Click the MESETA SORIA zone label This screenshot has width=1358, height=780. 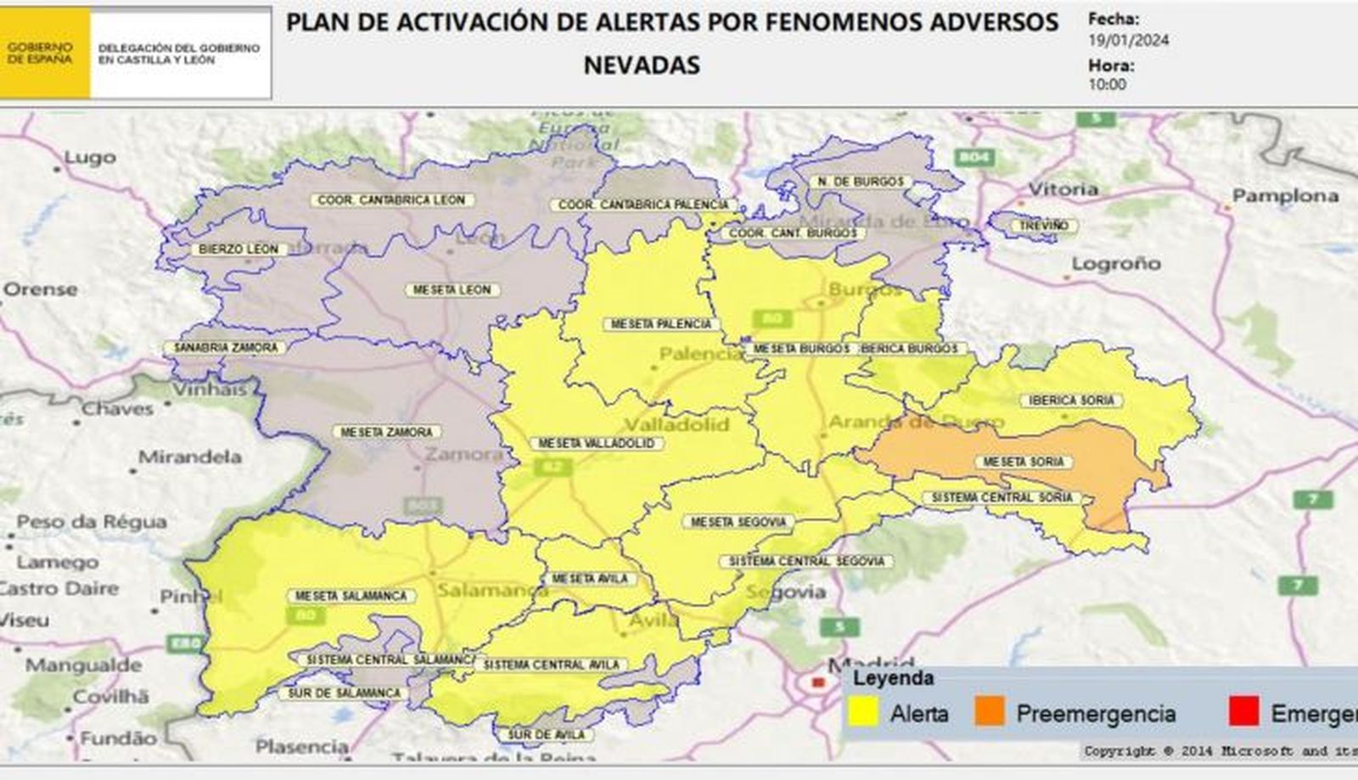(1024, 463)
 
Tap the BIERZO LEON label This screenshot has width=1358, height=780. (238, 250)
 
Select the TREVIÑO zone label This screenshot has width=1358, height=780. (1044, 226)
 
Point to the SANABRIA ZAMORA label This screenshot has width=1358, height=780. (225, 348)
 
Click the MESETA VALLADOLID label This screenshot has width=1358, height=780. (596, 444)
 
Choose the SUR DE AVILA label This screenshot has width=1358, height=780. (547, 734)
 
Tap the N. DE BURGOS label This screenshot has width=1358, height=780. (860, 182)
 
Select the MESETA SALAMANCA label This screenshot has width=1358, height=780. (351, 596)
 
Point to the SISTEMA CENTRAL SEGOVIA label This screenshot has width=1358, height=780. (806, 561)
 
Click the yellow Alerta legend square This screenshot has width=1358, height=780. (863, 712)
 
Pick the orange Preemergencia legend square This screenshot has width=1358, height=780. (990, 712)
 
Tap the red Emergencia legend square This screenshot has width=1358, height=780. (1243, 712)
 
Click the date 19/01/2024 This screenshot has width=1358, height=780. (1128, 40)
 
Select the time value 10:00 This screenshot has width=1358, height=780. (1108, 84)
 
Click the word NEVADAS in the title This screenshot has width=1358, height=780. (642, 65)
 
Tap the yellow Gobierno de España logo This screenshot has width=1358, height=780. (44, 53)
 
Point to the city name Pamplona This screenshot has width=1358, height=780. (1285, 196)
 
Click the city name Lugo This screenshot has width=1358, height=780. (89, 158)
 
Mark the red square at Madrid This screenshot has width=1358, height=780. (817, 682)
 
